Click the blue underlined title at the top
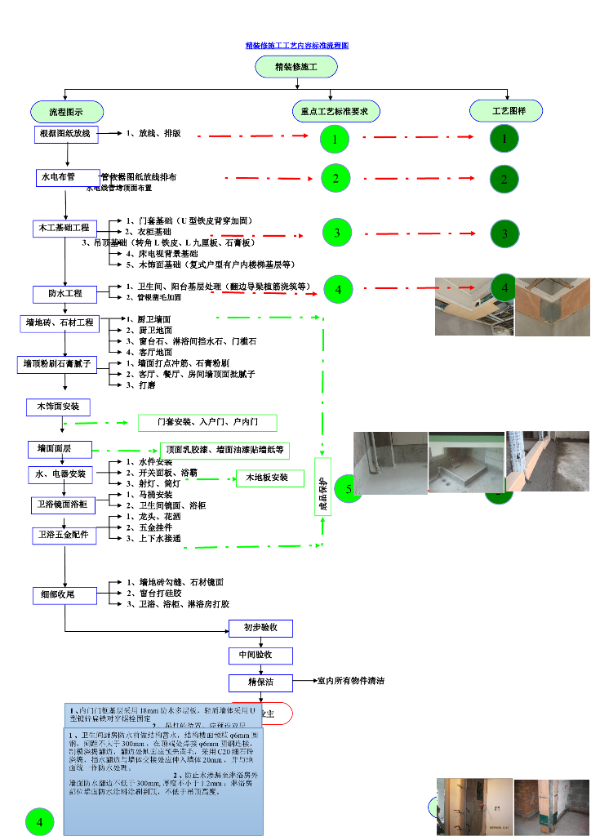click(x=297, y=46)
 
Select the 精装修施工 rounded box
click(x=296, y=67)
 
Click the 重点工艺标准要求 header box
click(x=336, y=111)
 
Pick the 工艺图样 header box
click(x=506, y=110)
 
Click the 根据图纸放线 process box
click(x=66, y=134)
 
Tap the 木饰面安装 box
click(x=58, y=407)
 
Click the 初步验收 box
click(x=260, y=628)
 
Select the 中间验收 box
click(x=260, y=655)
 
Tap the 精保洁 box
click(x=260, y=682)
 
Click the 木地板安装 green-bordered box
click(x=269, y=478)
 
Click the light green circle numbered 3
click(x=337, y=233)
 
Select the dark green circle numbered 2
click(x=504, y=179)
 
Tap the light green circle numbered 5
click(x=348, y=489)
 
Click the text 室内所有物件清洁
click(x=351, y=681)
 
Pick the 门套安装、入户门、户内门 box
click(x=207, y=422)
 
